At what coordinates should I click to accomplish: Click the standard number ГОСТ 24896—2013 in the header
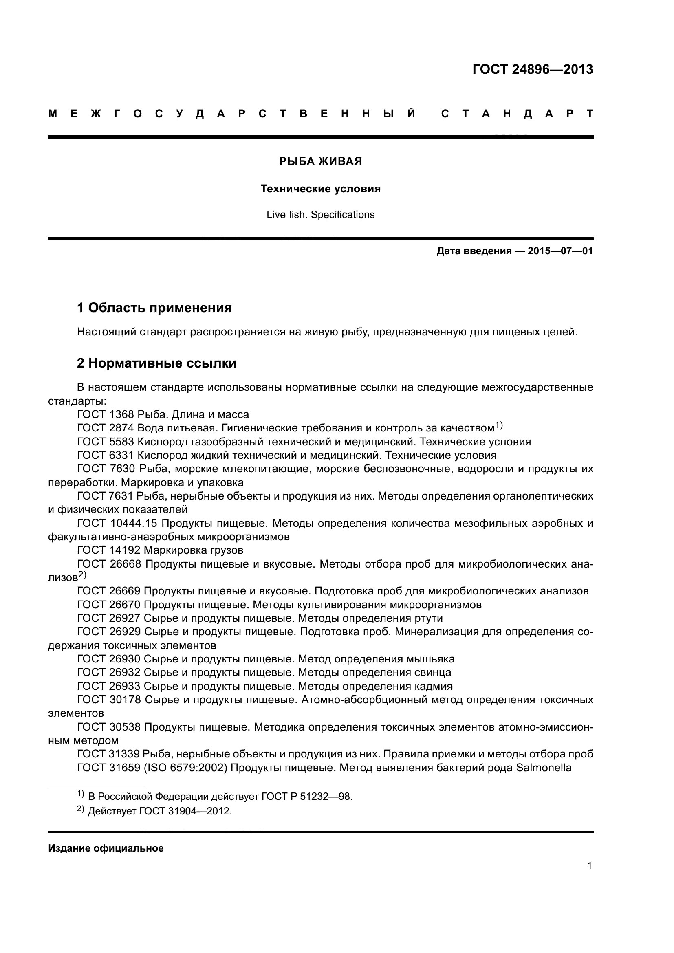tap(533, 69)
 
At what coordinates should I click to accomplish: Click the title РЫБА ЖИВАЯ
tap(320, 161)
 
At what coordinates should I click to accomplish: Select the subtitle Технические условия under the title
tap(320, 189)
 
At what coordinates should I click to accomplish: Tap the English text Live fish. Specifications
tap(320, 215)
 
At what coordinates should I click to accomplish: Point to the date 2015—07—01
tap(560, 251)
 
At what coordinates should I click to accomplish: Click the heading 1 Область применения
tap(154, 308)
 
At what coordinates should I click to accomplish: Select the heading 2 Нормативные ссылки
tap(157, 363)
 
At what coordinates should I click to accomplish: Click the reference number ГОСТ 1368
tap(106, 415)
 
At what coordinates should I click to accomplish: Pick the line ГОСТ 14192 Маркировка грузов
tap(160, 550)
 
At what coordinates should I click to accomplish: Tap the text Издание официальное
tap(106, 848)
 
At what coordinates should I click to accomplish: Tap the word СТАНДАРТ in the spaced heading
tap(517, 114)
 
